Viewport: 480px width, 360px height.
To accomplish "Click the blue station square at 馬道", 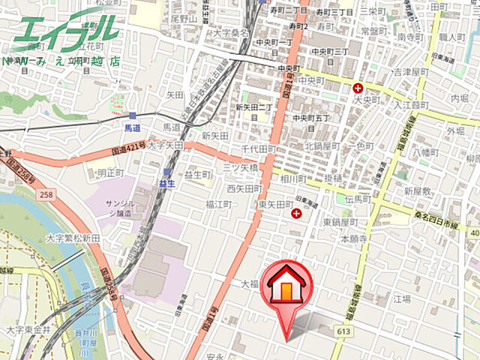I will [133, 115].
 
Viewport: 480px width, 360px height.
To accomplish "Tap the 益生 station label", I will [166, 183].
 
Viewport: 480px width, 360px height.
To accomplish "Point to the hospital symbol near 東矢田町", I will [297, 215].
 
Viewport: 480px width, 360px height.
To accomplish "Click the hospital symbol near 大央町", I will [358, 88].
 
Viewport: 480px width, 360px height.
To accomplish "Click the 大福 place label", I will [250, 284].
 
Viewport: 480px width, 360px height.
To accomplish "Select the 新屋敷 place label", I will [417, 191].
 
